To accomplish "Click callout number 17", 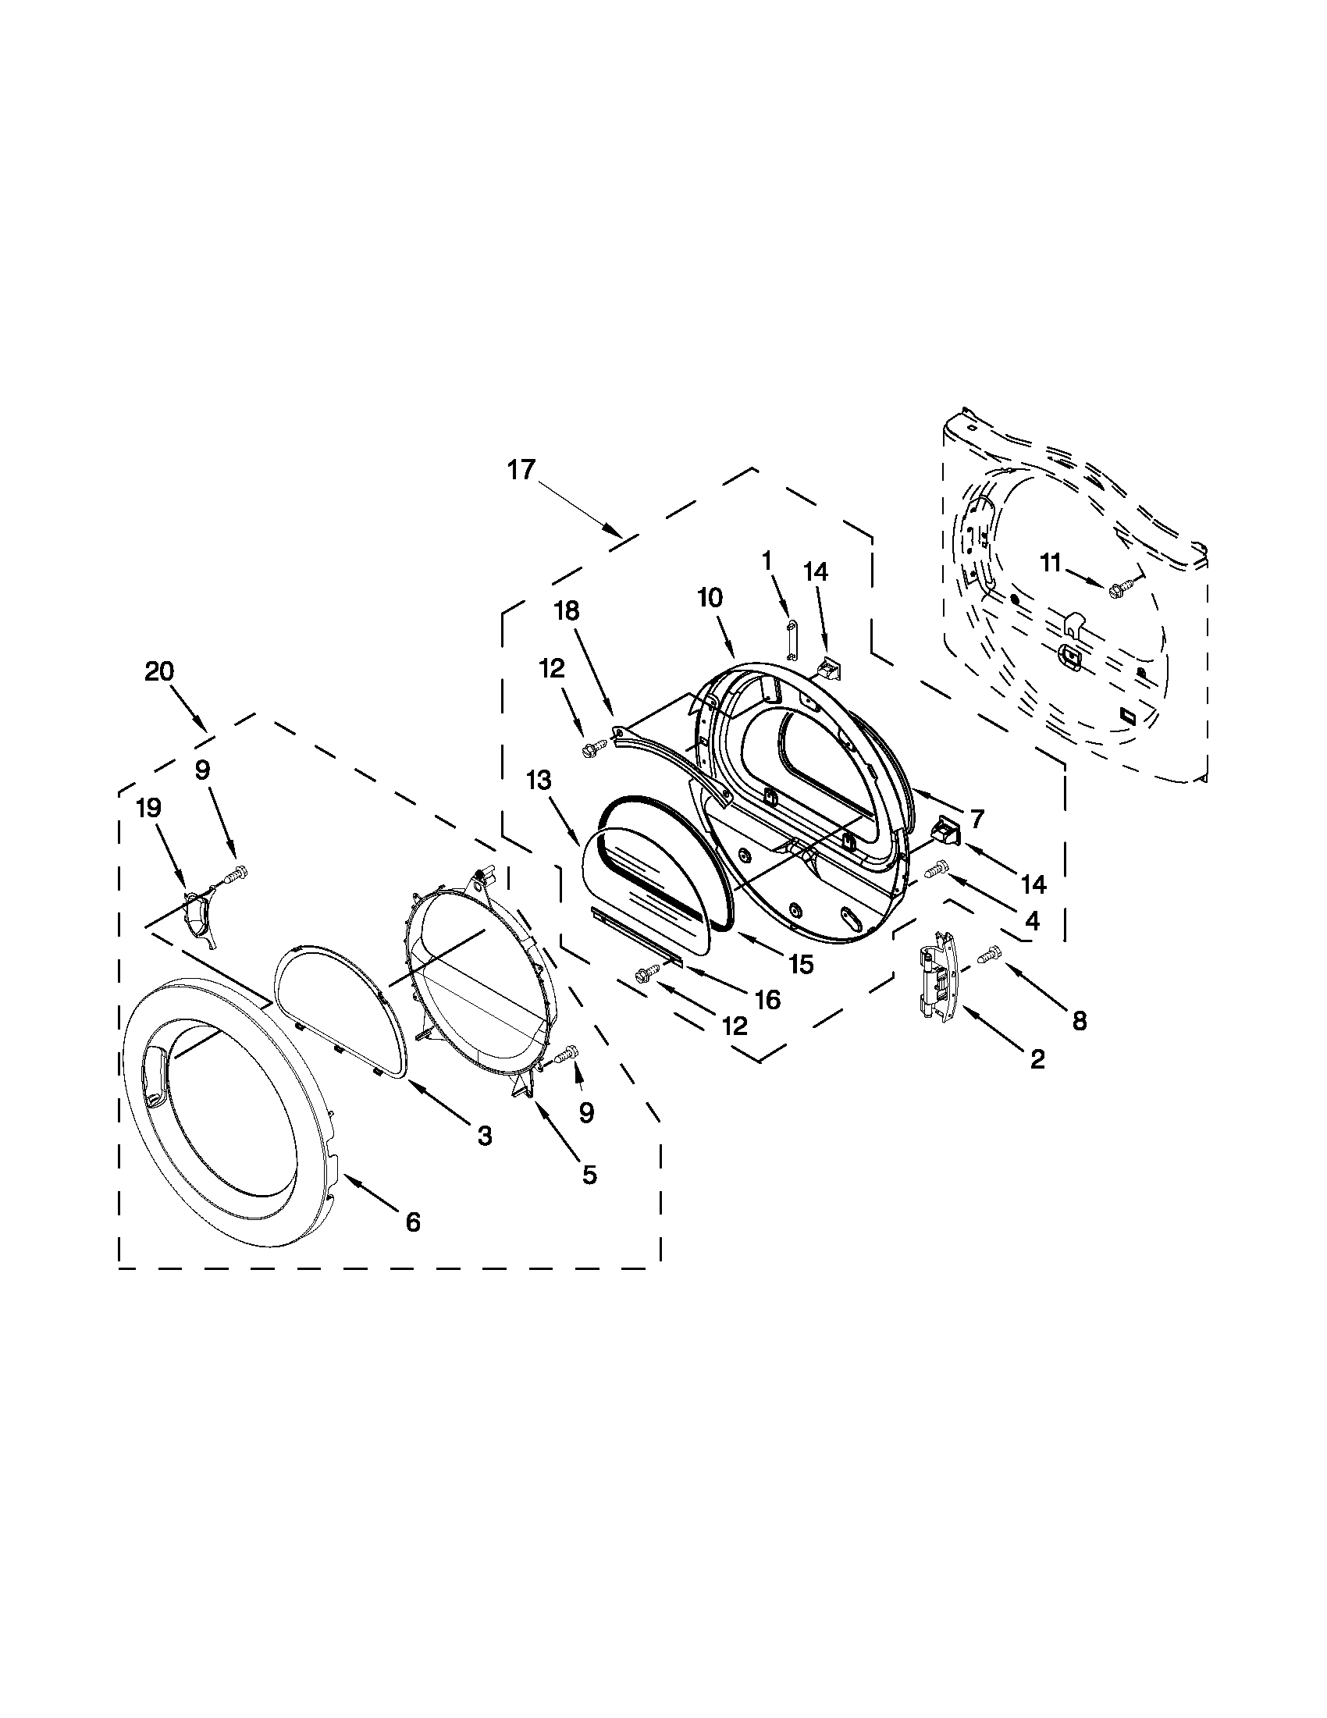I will [x=521, y=470].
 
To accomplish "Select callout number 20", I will [x=159, y=671].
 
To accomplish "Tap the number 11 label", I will [x=1051, y=563].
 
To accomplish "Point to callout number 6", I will [x=413, y=1221].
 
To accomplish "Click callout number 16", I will [x=767, y=1000].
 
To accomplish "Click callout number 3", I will [x=484, y=1135].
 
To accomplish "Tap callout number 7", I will [x=977, y=819].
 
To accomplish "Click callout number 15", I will [x=801, y=964].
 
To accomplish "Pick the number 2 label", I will [x=1037, y=1059].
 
